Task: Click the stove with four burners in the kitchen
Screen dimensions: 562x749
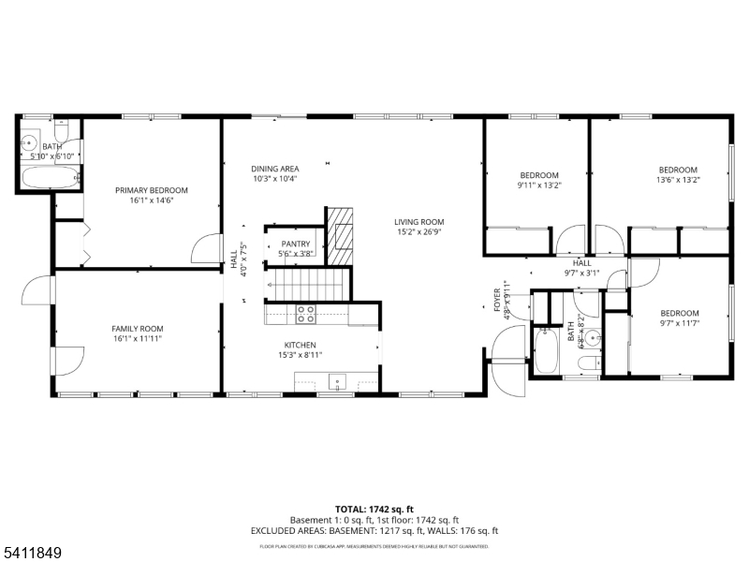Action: click(305, 313)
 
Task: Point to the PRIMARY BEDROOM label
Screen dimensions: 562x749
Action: click(151, 190)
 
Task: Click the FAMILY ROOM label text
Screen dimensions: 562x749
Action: click(138, 329)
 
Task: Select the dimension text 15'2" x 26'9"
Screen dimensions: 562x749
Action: click(419, 232)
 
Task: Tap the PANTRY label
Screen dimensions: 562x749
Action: click(295, 244)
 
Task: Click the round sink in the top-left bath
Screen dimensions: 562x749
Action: click(29, 144)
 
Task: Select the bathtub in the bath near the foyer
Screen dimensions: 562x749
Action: click(547, 351)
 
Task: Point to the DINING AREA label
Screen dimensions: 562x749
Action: click(274, 169)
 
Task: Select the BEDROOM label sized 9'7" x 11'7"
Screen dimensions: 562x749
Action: click(680, 313)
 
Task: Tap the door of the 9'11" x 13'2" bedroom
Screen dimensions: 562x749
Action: click(569, 242)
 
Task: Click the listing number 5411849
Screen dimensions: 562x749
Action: click(33, 554)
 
